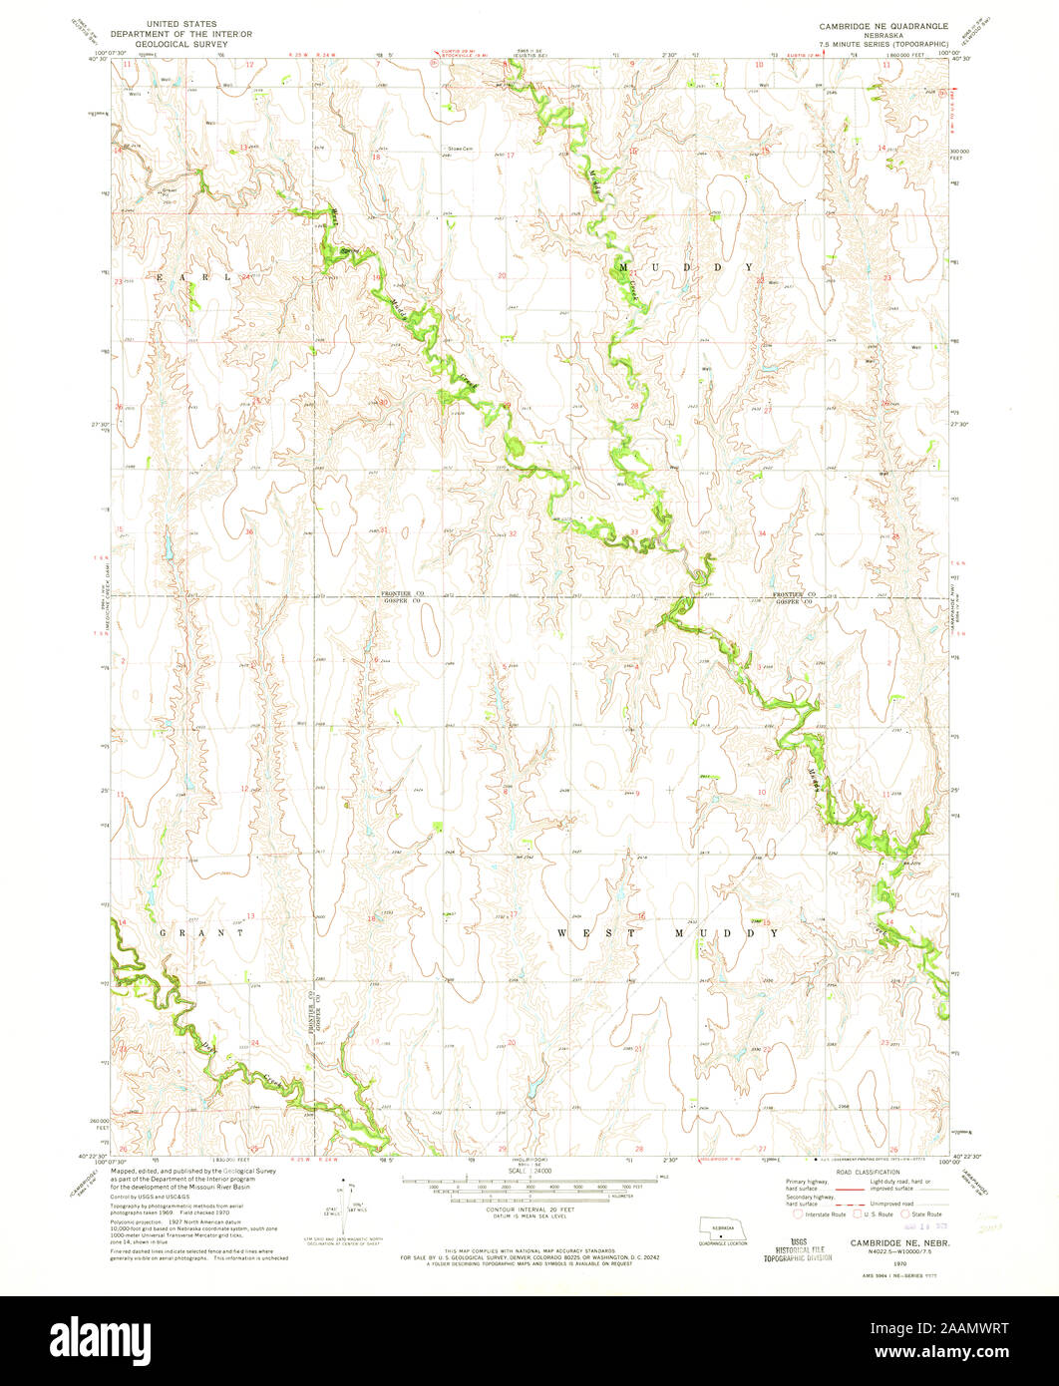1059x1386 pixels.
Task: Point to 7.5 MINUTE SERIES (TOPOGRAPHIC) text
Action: (883, 44)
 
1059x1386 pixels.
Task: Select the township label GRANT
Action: (202, 933)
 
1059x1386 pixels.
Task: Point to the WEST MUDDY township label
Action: (666, 933)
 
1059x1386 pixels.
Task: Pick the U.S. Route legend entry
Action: (872, 1215)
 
